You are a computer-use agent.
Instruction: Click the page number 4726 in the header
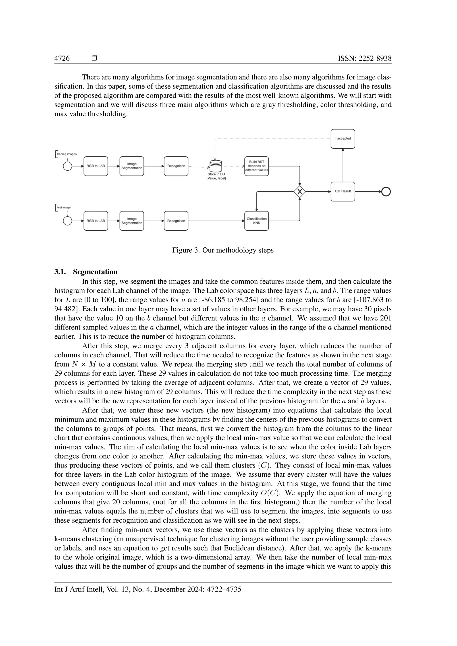62,58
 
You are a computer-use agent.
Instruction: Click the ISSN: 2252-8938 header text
364,58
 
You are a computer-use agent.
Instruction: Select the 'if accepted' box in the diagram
343,139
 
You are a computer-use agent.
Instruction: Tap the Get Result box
343,191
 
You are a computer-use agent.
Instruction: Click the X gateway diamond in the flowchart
300,192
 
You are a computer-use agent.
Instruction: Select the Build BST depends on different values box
256,166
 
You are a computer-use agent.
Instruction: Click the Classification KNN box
256,221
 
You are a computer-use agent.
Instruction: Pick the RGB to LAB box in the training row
96,166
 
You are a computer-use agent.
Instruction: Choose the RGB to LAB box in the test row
96,221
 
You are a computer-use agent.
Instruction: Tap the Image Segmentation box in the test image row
132,221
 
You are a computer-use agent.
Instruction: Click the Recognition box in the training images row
176,166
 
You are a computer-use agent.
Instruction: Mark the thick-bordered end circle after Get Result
386,192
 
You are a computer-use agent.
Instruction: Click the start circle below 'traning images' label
68,166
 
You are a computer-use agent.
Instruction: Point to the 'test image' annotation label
64,208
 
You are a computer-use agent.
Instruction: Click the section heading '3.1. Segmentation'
86,272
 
